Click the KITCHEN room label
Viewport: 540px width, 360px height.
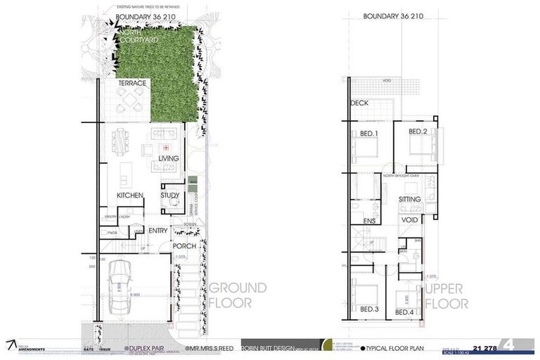[x=130, y=195]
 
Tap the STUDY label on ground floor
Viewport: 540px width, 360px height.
[x=170, y=195]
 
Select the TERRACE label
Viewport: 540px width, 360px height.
[x=132, y=83]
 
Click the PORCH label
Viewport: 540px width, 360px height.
[x=184, y=246]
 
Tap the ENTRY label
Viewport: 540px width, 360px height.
[x=158, y=230]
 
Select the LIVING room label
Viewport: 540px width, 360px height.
[x=169, y=158]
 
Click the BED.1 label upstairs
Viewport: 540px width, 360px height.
[x=370, y=134]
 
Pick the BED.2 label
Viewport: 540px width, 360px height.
[x=418, y=131]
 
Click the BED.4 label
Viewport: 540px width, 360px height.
[x=405, y=311]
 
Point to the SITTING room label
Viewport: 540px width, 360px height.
[x=409, y=200]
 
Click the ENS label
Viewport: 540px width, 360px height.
[x=369, y=221]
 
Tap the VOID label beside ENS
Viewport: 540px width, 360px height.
[x=410, y=221]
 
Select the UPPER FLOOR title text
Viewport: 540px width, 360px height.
[x=446, y=297]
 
